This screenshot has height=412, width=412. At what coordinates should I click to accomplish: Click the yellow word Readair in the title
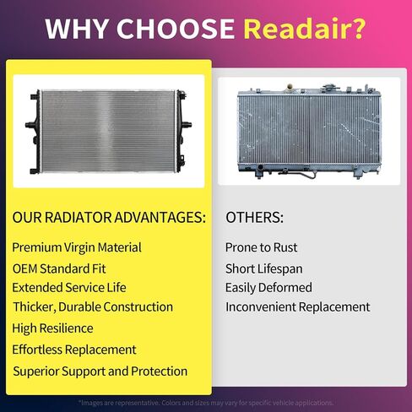pos(305,29)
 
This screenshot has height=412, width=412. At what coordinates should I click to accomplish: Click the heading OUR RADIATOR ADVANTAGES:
pos(109,218)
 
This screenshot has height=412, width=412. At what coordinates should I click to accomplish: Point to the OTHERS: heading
pos(254,218)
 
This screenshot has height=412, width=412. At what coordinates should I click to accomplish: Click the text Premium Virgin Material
pos(77,247)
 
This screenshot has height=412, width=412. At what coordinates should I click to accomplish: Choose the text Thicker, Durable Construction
pos(93,307)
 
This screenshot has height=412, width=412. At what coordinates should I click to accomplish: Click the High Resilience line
pos(52,328)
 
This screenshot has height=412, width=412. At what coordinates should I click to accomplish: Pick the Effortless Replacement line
pos(74,350)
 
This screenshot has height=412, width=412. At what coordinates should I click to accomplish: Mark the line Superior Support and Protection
pos(100,371)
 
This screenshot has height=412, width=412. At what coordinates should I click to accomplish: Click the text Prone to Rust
pos(262,247)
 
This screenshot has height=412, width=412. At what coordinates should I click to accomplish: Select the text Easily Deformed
pos(268,287)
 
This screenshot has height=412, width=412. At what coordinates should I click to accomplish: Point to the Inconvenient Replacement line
pos(297,307)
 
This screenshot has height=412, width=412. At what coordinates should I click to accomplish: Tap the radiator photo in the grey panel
pos(309,130)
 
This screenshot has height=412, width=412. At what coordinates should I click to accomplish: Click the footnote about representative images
pos(206,403)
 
